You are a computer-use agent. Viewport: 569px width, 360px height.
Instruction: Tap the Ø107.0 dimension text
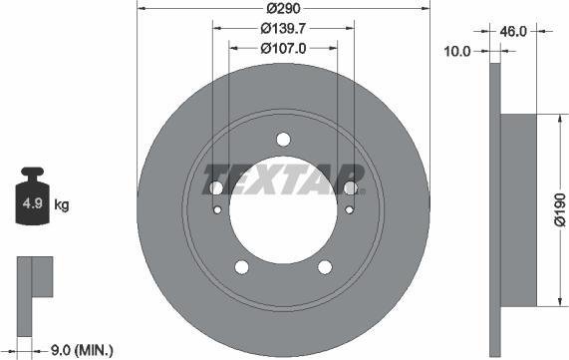283,46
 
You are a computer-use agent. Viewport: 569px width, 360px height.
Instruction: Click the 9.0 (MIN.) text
81,350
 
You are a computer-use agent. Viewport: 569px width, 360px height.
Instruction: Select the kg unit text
62,206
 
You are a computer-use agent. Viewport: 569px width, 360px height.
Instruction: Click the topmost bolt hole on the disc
283,139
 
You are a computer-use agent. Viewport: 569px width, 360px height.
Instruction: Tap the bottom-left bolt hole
241,266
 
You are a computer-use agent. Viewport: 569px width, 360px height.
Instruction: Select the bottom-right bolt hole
324,266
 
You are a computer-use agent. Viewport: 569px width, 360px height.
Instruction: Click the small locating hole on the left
217,210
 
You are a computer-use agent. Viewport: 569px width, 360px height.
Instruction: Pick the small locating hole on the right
349,210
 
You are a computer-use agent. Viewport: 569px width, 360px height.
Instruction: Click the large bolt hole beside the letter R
350,187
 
